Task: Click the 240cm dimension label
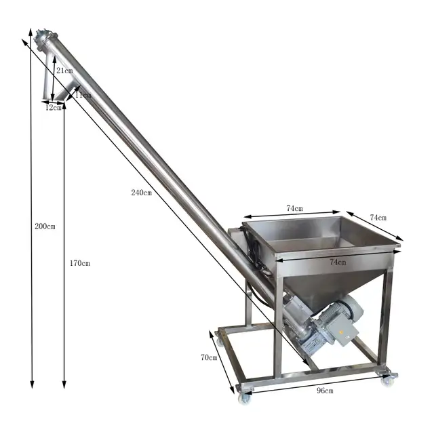click(x=141, y=193)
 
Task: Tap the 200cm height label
click(x=45, y=226)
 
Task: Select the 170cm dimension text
click(x=79, y=263)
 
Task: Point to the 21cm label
click(x=65, y=71)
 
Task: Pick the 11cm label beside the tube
click(x=83, y=96)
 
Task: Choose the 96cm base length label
click(x=325, y=391)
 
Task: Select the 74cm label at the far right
click(x=378, y=218)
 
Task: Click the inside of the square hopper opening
click(x=319, y=234)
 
